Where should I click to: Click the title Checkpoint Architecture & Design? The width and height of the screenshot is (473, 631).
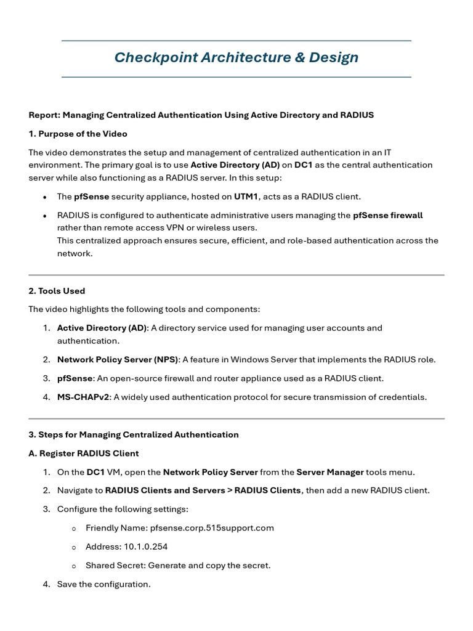tap(236, 58)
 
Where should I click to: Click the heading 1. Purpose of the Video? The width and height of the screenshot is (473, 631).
tap(78, 134)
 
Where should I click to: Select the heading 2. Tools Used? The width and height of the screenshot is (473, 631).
tap(57, 291)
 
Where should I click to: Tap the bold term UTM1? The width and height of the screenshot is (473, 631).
tap(246, 197)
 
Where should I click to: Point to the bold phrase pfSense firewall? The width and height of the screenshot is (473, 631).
tap(387, 215)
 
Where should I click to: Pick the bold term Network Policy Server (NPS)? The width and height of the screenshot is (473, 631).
tap(118, 359)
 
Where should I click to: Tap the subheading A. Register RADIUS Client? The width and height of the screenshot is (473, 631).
tap(84, 454)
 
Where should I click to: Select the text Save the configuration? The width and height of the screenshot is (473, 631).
tap(103, 584)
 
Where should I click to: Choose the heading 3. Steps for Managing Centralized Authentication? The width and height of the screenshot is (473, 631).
tap(134, 434)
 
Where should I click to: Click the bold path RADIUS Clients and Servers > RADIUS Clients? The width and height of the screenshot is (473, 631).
tap(203, 491)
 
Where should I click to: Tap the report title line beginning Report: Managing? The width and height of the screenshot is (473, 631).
tap(201, 115)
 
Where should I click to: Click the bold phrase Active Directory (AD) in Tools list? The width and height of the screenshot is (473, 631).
tap(102, 328)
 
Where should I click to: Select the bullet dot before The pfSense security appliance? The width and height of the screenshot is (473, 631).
tap(45, 197)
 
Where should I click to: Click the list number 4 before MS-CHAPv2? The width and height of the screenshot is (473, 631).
tap(46, 397)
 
